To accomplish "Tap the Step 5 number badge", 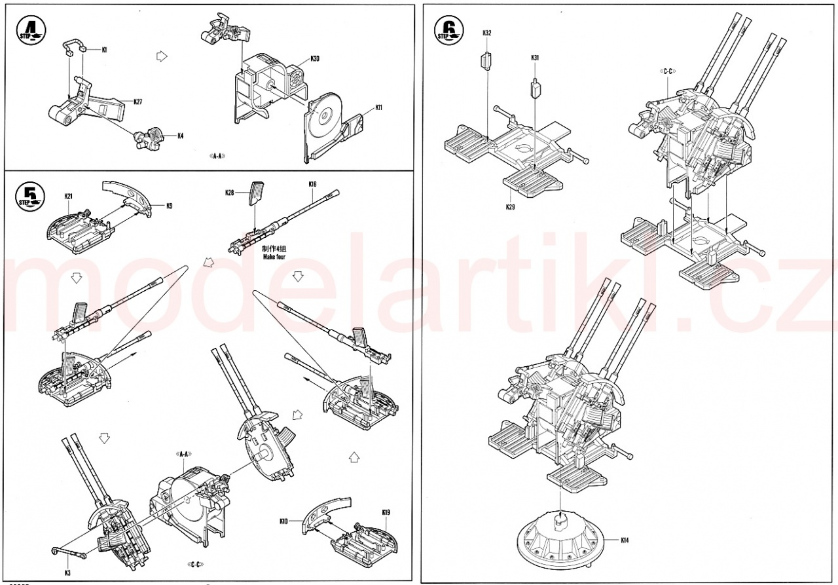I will click(x=27, y=195).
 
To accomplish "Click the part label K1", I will click(x=105, y=49).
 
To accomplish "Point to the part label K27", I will click(x=137, y=102).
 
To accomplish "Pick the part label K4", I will click(x=180, y=136).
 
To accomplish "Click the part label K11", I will click(x=378, y=107).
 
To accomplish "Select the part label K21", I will click(x=68, y=196).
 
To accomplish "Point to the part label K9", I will click(x=169, y=206).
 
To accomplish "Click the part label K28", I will click(x=229, y=193).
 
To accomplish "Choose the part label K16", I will click(x=312, y=185).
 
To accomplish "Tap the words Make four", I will click(x=275, y=257).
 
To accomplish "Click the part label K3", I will click(x=68, y=572).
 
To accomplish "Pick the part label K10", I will click(x=283, y=521).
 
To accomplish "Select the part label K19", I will click(x=386, y=511).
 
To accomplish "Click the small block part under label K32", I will click(x=486, y=62).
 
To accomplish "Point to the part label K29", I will click(x=510, y=207).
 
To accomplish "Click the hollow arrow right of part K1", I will click(x=159, y=57).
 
